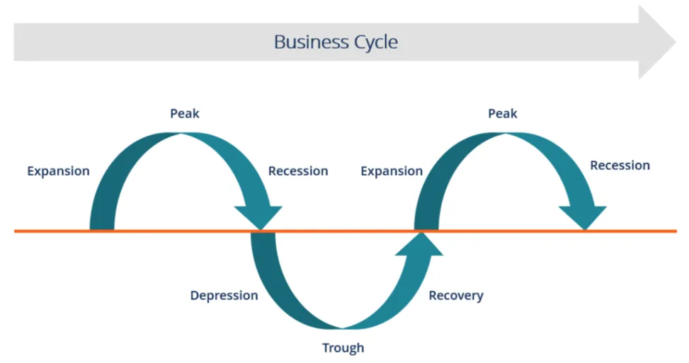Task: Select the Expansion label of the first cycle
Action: [x=58, y=171]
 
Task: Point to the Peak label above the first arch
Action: [x=185, y=113]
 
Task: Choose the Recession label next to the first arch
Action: [x=298, y=171]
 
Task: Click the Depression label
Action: [x=224, y=295]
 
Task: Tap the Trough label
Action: [x=343, y=347]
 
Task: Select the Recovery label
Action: [x=456, y=295]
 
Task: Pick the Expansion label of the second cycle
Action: [x=392, y=171]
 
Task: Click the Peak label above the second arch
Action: [x=503, y=113]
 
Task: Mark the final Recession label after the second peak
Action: [x=620, y=166]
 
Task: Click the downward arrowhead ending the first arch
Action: [x=259, y=217]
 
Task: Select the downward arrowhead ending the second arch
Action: [x=583, y=217]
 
